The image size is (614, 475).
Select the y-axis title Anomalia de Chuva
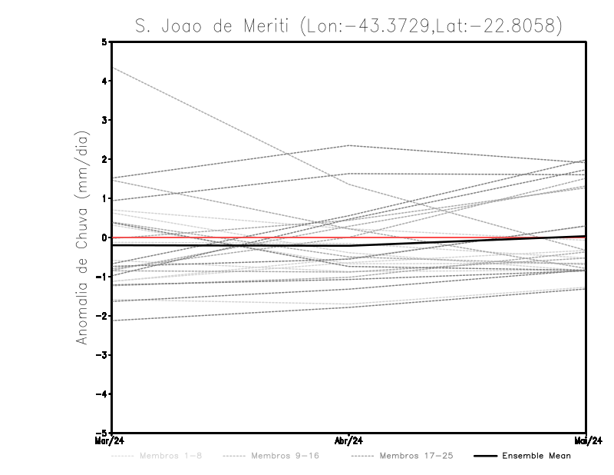click(x=82, y=237)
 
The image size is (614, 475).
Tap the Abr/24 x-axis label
click(x=349, y=440)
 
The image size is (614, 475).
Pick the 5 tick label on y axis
click(x=104, y=42)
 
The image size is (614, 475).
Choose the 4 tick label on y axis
click(x=104, y=81)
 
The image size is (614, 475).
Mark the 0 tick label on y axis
click(x=104, y=237)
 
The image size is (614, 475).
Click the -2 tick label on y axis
click(x=102, y=316)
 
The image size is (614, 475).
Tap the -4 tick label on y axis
click(x=102, y=394)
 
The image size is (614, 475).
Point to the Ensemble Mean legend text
click(x=536, y=456)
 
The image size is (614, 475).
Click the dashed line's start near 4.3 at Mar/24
click(x=113, y=68)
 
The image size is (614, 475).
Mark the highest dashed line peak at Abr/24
click(x=349, y=145)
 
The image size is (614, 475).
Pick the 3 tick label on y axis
click(x=104, y=120)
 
